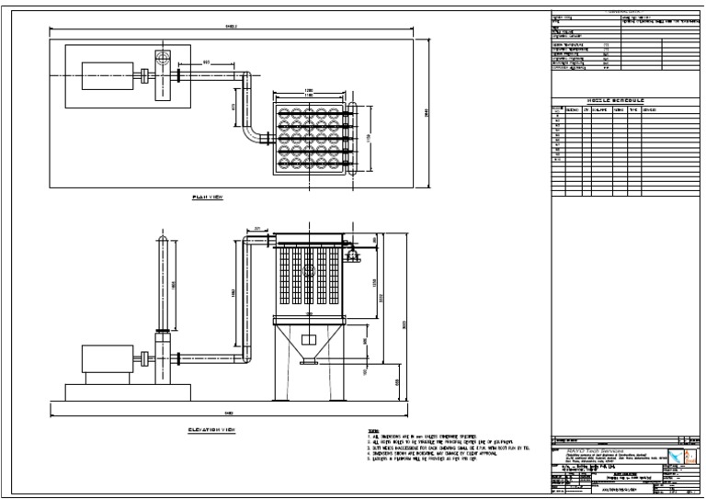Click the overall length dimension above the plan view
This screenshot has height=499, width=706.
(231, 27)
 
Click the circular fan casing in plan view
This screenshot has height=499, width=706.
(162, 59)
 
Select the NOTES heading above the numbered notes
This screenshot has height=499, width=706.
(372, 429)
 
